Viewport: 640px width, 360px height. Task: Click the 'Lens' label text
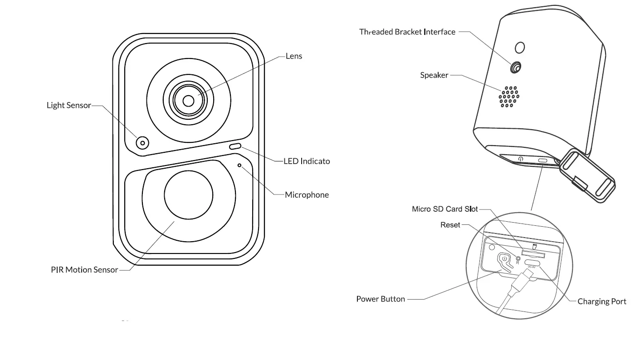294,56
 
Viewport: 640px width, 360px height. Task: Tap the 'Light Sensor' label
69,105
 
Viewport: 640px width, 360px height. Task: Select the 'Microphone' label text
307,195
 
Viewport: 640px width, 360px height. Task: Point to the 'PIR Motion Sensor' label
84,270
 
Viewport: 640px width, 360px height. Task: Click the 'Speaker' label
434,75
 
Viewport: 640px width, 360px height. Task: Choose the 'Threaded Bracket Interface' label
407,32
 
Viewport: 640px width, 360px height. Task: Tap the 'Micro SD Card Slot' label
445,209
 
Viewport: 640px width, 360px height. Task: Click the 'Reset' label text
450,225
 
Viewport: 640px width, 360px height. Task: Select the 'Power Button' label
381,299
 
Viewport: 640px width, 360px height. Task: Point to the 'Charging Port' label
602,302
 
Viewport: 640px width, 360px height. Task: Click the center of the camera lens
188,99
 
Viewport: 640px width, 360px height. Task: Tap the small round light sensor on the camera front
142,143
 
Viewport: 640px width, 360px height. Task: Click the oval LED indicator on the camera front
235,146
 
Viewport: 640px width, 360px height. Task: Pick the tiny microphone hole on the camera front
239,165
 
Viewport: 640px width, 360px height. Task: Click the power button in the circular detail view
505,261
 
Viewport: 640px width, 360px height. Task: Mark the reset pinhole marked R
518,258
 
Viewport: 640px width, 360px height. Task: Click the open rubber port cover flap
588,177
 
